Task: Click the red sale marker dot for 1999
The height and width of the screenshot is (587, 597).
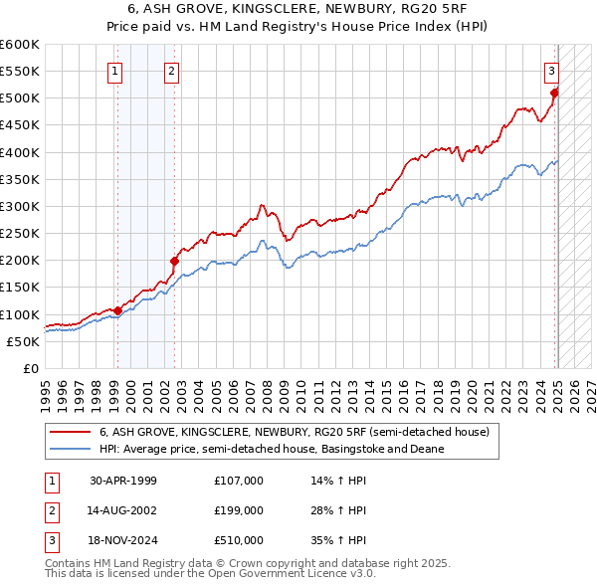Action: (x=117, y=310)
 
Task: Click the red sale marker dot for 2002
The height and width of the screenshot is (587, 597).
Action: (x=174, y=261)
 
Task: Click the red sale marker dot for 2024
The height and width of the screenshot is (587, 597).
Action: (x=555, y=93)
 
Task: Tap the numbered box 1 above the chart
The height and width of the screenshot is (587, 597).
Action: (x=116, y=71)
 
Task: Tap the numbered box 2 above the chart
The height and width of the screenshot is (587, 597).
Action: (x=172, y=71)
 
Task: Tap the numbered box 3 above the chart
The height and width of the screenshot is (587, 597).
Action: (x=551, y=71)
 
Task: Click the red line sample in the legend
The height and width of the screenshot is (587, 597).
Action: (x=70, y=433)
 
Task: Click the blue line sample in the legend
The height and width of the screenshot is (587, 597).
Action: (x=70, y=450)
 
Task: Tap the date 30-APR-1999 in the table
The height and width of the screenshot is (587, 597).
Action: (x=123, y=481)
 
